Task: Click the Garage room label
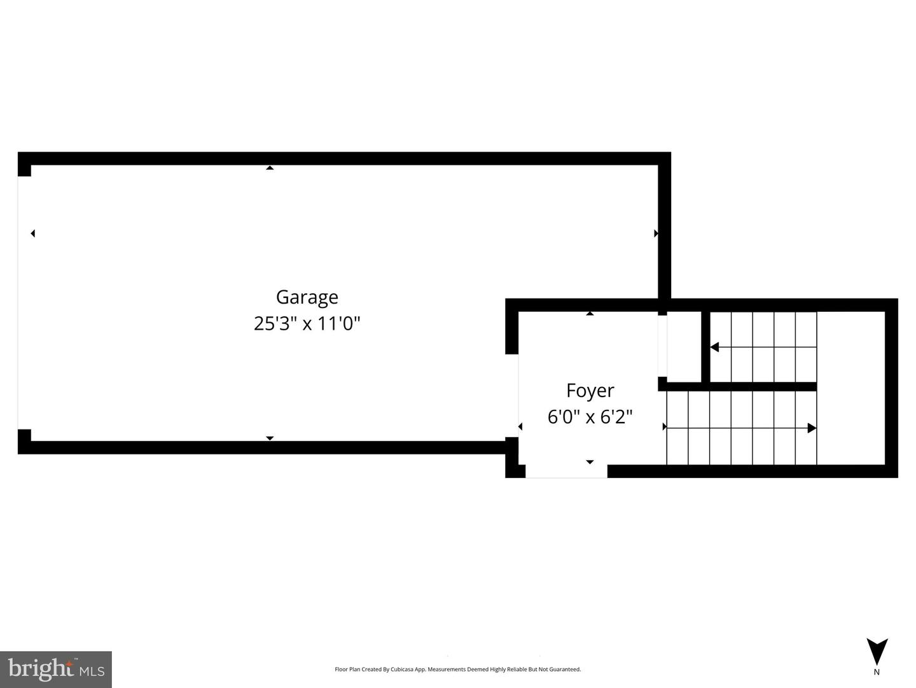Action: [x=307, y=297]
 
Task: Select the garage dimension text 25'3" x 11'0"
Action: [x=307, y=324]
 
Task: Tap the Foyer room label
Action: [x=590, y=390]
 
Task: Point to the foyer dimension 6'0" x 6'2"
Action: [x=590, y=417]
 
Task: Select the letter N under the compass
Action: [x=877, y=672]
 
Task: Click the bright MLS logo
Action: [x=56, y=669]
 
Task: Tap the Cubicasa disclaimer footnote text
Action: [x=457, y=670]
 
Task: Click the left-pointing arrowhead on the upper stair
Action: [x=714, y=347]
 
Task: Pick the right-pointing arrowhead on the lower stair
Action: [x=812, y=428]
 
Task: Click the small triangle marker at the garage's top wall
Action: [x=270, y=168]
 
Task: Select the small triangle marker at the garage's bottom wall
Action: [x=270, y=438]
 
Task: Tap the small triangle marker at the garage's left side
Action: [x=32, y=234]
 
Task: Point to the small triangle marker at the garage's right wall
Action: [x=656, y=234]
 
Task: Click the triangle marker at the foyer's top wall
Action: [x=590, y=314]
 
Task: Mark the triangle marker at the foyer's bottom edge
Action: [x=590, y=462]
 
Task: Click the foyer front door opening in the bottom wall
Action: [x=566, y=472]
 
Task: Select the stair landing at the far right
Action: [x=850, y=388]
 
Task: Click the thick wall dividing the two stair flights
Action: [x=757, y=386]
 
